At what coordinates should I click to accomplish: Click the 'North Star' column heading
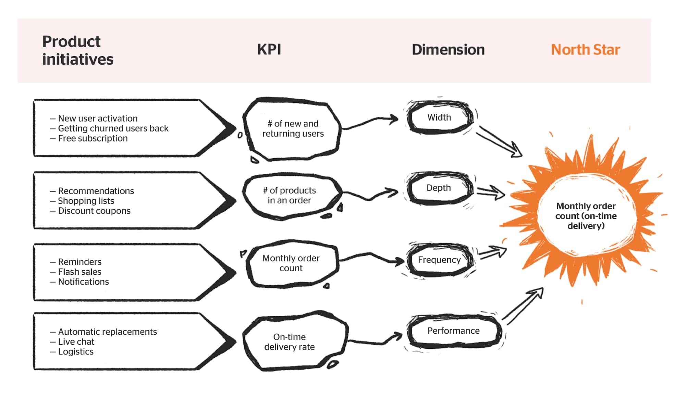click(x=585, y=50)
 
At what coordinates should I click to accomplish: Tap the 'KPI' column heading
click(x=269, y=50)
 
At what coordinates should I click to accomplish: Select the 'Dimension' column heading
click(x=448, y=50)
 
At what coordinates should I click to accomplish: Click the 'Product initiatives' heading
click(x=78, y=50)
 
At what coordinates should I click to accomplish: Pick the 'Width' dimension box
click(x=440, y=118)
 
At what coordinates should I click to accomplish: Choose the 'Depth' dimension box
click(x=439, y=188)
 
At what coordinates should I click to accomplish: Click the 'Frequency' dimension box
click(x=440, y=260)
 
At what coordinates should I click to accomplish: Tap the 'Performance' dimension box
click(x=453, y=331)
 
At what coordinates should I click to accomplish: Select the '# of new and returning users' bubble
click(x=293, y=129)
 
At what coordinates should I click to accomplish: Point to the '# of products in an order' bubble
click(x=290, y=196)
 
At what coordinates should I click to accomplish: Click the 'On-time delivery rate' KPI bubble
click(x=290, y=342)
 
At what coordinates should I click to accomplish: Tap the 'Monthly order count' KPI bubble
click(x=291, y=263)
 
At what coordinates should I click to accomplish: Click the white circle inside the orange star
click(x=586, y=216)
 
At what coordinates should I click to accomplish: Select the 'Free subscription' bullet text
click(x=93, y=138)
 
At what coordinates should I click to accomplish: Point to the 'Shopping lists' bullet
click(x=86, y=201)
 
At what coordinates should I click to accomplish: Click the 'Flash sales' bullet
click(x=79, y=272)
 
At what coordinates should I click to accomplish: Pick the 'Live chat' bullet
click(x=76, y=342)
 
